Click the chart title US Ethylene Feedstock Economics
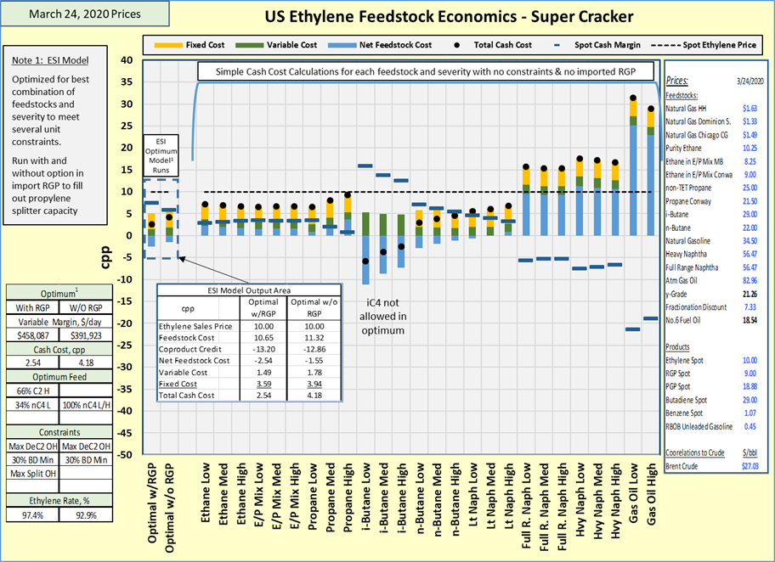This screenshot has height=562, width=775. tap(449, 16)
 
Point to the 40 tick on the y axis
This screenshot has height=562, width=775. tap(127, 60)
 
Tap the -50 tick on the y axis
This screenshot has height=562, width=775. tap(124, 455)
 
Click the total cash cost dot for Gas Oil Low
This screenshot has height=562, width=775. tap(633, 98)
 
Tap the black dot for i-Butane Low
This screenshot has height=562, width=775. tap(366, 261)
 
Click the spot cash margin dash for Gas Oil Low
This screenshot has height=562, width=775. tap(633, 329)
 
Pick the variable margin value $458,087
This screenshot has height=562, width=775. tap(32, 335)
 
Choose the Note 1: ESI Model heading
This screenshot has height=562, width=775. tap(50, 60)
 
